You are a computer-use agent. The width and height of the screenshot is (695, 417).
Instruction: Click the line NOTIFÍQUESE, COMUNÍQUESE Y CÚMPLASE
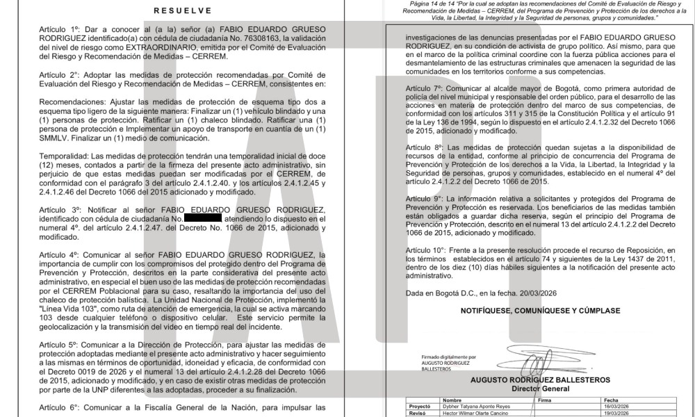[541, 311]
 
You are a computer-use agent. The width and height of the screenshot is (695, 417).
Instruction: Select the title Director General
[540, 389]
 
